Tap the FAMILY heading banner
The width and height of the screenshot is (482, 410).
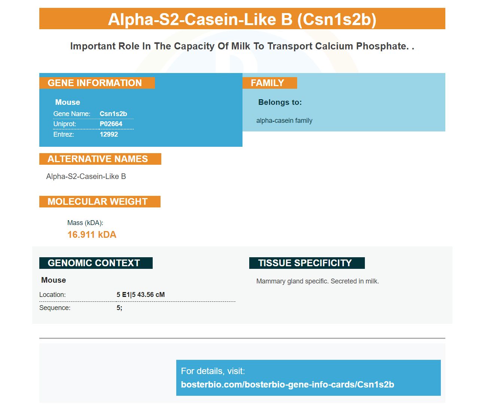pyautogui.click(x=269, y=83)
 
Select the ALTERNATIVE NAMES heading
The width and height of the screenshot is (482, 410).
pyautogui.click(x=100, y=159)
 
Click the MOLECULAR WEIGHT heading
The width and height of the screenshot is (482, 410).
pyautogui.click(x=100, y=201)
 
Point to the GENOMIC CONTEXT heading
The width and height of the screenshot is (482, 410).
pyautogui.click(x=96, y=263)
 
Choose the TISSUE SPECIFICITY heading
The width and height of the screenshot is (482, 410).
pyautogui.click(x=307, y=263)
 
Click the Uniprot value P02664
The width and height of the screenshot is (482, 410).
pyautogui.click(x=111, y=124)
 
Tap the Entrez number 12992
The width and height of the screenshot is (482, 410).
pyautogui.click(x=109, y=134)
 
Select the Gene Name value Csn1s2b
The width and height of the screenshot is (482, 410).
pyautogui.click(x=113, y=114)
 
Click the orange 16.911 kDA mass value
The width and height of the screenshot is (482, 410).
pyautogui.click(x=92, y=234)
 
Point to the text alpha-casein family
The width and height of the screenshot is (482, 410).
pyautogui.click(x=284, y=121)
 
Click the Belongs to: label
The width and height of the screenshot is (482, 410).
pyautogui.click(x=280, y=102)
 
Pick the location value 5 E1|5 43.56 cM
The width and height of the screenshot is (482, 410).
pyautogui.click(x=141, y=295)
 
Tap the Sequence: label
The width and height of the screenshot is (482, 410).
pyautogui.click(x=55, y=308)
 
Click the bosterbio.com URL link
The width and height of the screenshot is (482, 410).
pyautogui.click(x=287, y=384)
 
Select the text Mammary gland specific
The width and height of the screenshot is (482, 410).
pyautogui.click(x=292, y=281)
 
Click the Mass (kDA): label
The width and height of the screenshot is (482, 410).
pyautogui.click(x=85, y=223)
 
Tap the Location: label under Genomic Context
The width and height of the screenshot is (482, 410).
pyautogui.click(x=52, y=295)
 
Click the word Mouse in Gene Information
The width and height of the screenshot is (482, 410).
pyautogui.click(x=68, y=102)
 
